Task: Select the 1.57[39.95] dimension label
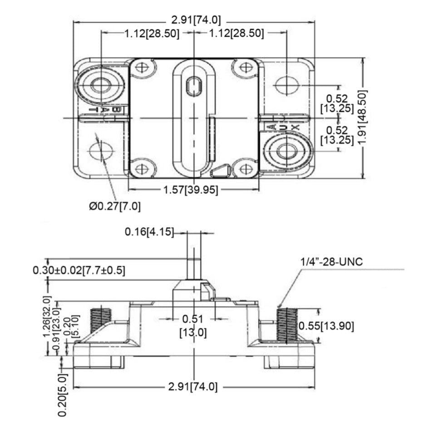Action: pos(191,190)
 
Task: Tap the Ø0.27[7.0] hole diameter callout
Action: pos(115,206)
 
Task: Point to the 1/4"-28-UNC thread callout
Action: pos(331,263)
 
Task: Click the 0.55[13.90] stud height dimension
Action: pos(326,325)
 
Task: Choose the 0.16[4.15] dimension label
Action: pos(149,232)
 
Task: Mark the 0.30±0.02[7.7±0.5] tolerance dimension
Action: pos(79,270)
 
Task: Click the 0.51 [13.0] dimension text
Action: pos(193,325)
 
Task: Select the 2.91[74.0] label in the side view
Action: pos(193,387)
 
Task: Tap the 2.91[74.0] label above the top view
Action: pos(196,20)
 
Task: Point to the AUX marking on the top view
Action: pos(282,127)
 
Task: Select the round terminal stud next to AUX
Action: pos(287,151)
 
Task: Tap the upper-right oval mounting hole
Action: pos(287,85)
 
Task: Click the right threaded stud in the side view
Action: pos(287,325)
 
